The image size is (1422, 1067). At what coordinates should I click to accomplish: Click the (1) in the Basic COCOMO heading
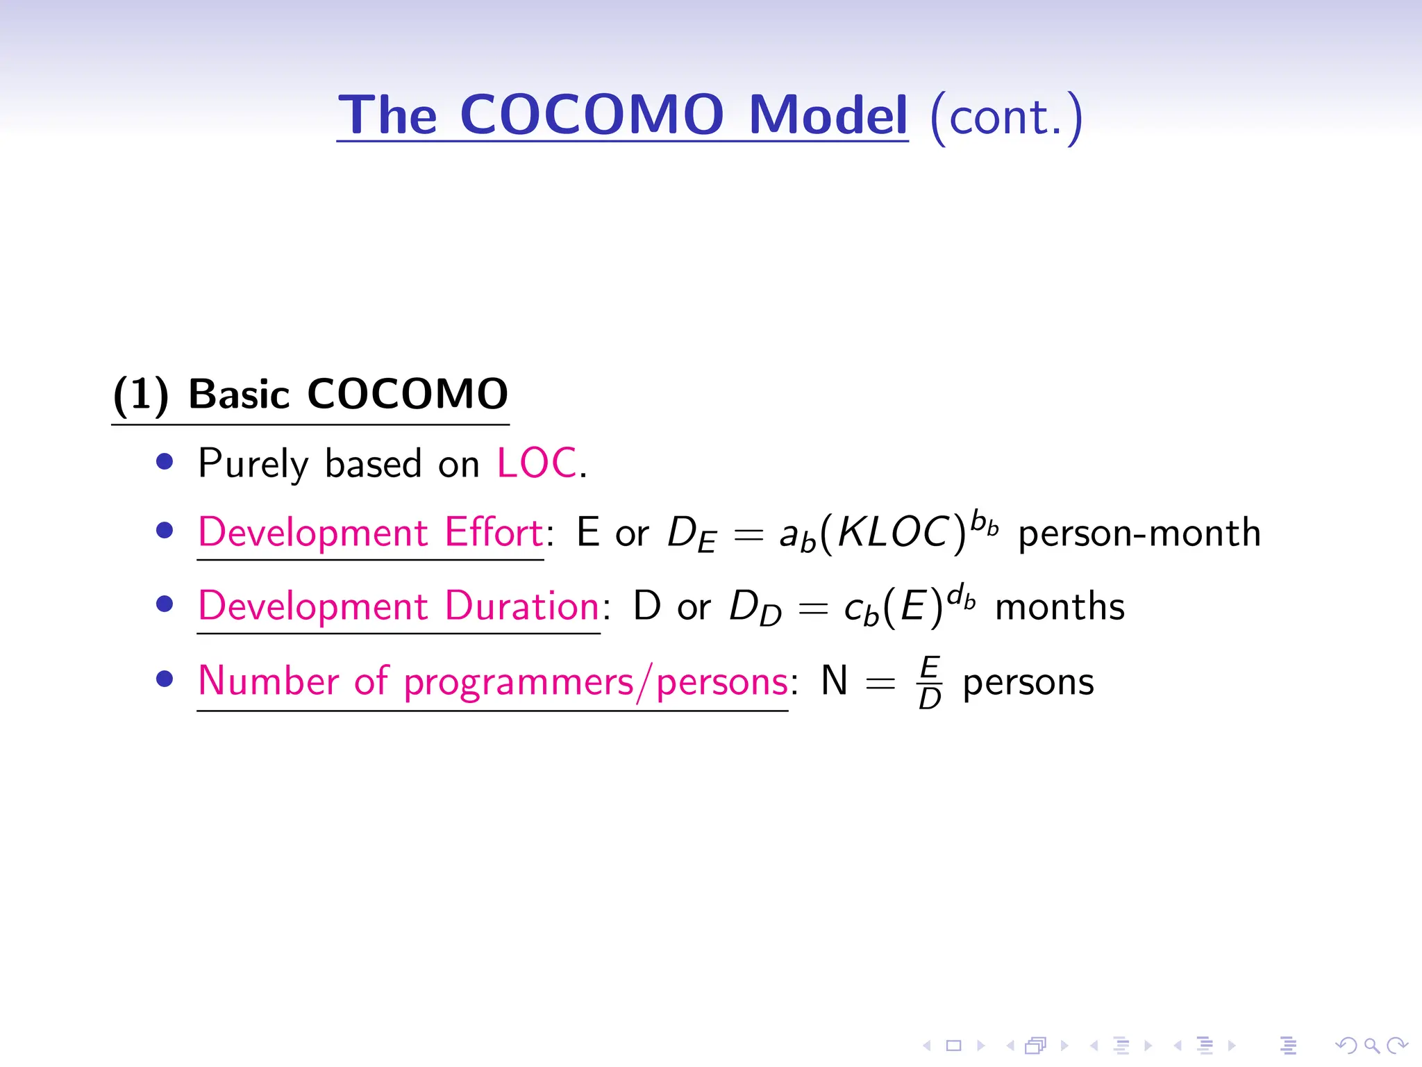[x=140, y=395]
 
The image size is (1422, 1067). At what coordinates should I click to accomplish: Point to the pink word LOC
[x=537, y=463]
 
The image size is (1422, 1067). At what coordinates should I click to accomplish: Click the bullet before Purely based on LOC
[x=165, y=462]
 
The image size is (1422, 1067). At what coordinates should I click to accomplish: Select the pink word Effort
[x=494, y=533]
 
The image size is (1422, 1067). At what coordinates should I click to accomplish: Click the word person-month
[x=1139, y=533]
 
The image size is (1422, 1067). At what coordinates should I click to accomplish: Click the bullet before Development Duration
[x=165, y=604]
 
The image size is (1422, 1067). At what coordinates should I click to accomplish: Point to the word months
[x=1060, y=607]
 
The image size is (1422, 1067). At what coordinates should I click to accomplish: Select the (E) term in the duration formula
[x=912, y=607]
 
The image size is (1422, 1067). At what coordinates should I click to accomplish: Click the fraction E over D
[x=929, y=682]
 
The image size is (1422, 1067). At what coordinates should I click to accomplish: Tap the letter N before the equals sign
[x=834, y=681]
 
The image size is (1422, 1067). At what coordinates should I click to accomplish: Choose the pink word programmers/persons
[x=596, y=682]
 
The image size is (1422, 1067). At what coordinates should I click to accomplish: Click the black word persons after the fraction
[x=1028, y=682]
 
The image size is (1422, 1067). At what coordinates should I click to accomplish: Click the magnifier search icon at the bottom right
[x=1371, y=1045]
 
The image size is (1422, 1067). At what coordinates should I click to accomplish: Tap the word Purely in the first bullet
[x=253, y=464]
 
